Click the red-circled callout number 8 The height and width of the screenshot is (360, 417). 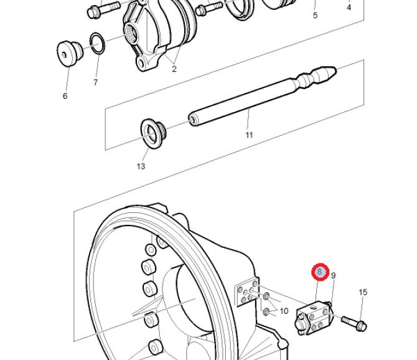pos(320,272)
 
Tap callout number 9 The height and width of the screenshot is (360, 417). pos(333,275)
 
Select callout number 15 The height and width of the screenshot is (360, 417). pos(363,292)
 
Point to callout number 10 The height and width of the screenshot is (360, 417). pos(284,311)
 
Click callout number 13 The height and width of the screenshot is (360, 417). pos(141,166)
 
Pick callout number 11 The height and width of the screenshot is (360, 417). pos(249,135)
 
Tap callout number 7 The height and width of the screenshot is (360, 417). pos(95,82)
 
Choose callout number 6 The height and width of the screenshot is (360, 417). pos(65,96)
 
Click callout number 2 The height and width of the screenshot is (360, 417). pos(174,69)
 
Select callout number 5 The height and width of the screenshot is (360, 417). pos(315,15)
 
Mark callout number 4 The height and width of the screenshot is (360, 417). pos(349,7)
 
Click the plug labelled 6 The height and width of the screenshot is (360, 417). pos(70,53)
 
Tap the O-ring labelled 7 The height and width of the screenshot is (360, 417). pos(97,43)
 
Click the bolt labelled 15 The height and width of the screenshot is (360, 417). pos(354,323)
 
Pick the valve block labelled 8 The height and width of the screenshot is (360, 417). pos(314,318)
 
